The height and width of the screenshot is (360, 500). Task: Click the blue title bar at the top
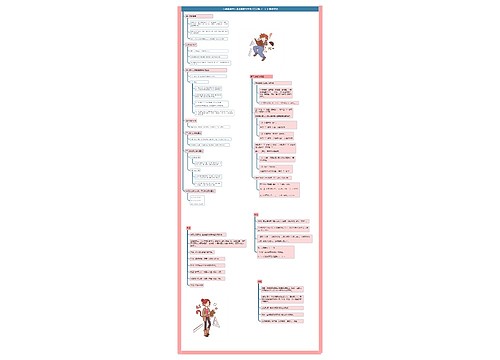(249, 8)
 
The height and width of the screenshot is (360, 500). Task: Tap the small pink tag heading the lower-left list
(188, 227)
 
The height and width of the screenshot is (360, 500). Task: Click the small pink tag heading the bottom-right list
(258, 283)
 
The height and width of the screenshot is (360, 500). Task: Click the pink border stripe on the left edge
(180, 180)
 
